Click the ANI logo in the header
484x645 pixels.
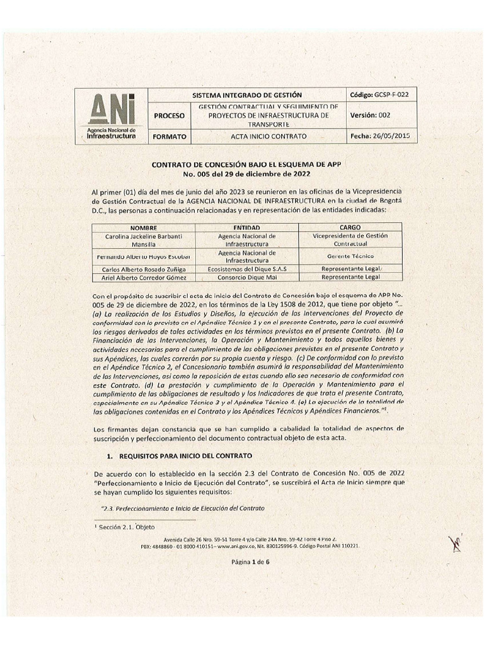pyautogui.click(x=111, y=116)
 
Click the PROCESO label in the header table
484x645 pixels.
pyautogui.click(x=170, y=116)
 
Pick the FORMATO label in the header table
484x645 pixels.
pyautogui.click(x=169, y=136)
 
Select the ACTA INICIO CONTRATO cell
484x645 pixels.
pyautogui.click(x=268, y=136)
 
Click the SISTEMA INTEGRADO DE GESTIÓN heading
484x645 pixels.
pyautogui.click(x=247, y=94)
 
